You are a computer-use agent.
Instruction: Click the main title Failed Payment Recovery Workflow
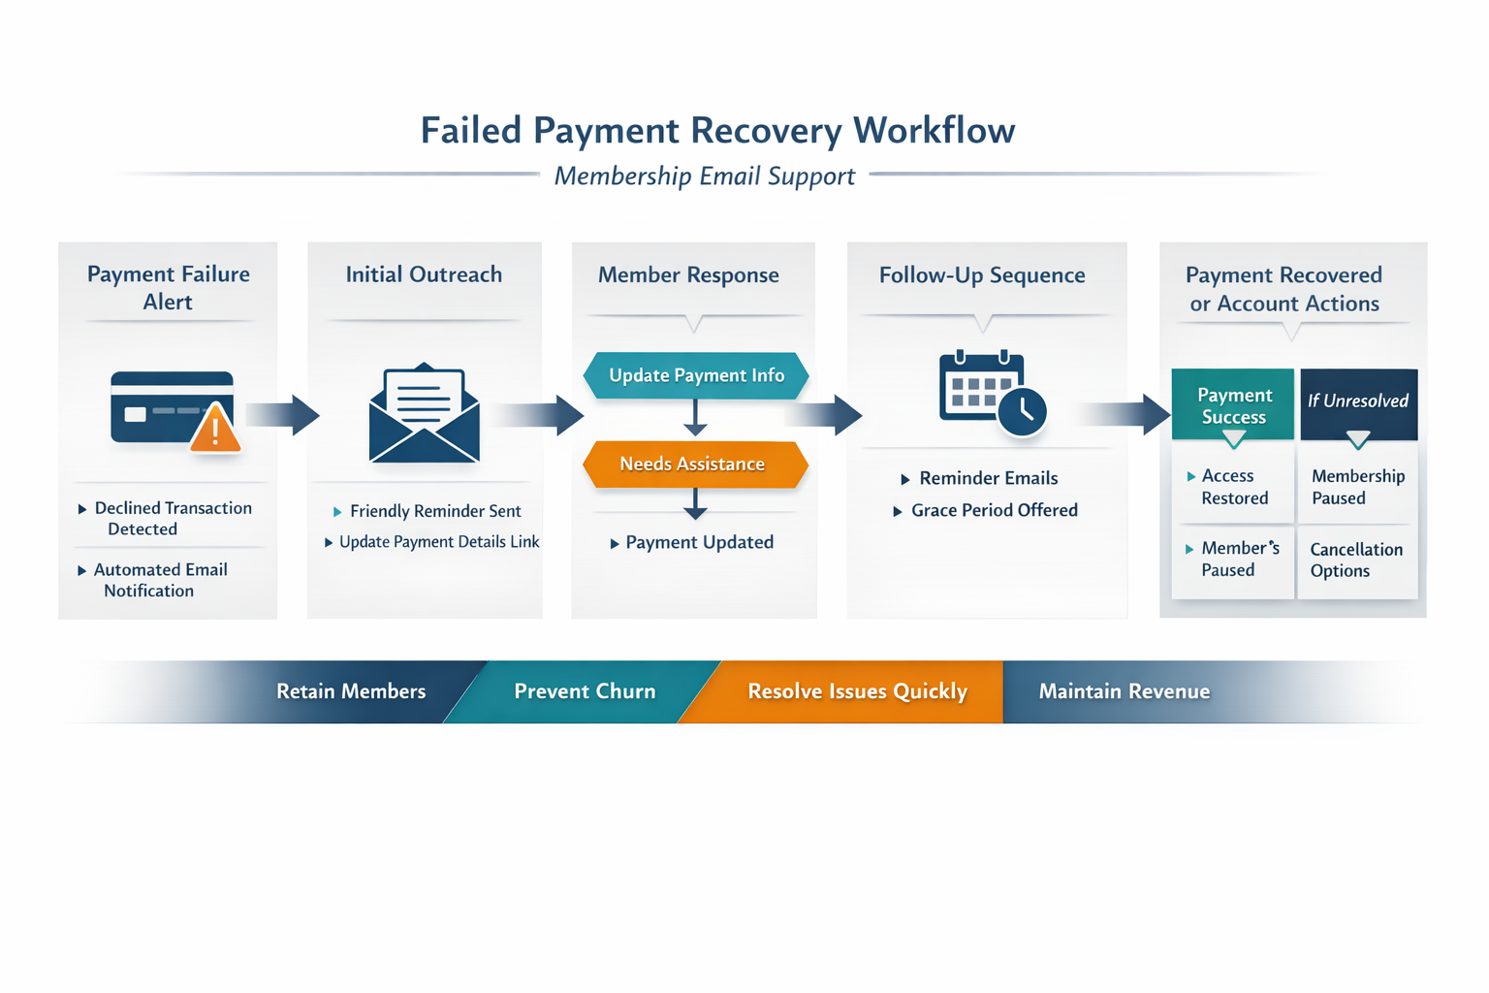tap(717, 130)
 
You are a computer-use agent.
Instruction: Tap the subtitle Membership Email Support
tap(705, 176)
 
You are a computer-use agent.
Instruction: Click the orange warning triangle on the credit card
tap(215, 429)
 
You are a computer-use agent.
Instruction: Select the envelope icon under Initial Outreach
tap(425, 414)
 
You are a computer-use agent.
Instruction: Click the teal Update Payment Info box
tap(696, 376)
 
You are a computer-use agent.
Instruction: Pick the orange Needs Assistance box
tap(694, 464)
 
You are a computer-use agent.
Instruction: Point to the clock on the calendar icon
tap(1022, 412)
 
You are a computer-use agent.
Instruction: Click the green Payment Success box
tap(1233, 405)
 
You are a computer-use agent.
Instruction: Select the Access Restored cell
tap(1233, 487)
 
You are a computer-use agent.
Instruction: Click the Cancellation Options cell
tap(1355, 561)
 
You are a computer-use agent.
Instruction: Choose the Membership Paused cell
tap(1357, 487)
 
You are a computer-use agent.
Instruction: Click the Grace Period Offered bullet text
tap(994, 510)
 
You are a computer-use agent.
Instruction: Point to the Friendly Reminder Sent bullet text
tap(435, 511)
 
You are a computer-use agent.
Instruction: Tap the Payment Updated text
tap(699, 543)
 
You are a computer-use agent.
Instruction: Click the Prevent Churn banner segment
tap(585, 691)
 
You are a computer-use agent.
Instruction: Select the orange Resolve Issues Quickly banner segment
tap(857, 691)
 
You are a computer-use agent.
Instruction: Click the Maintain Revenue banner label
tap(1124, 691)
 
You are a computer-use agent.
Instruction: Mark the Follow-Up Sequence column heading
tap(981, 275)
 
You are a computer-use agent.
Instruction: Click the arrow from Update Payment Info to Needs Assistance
tap(695, 418)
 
